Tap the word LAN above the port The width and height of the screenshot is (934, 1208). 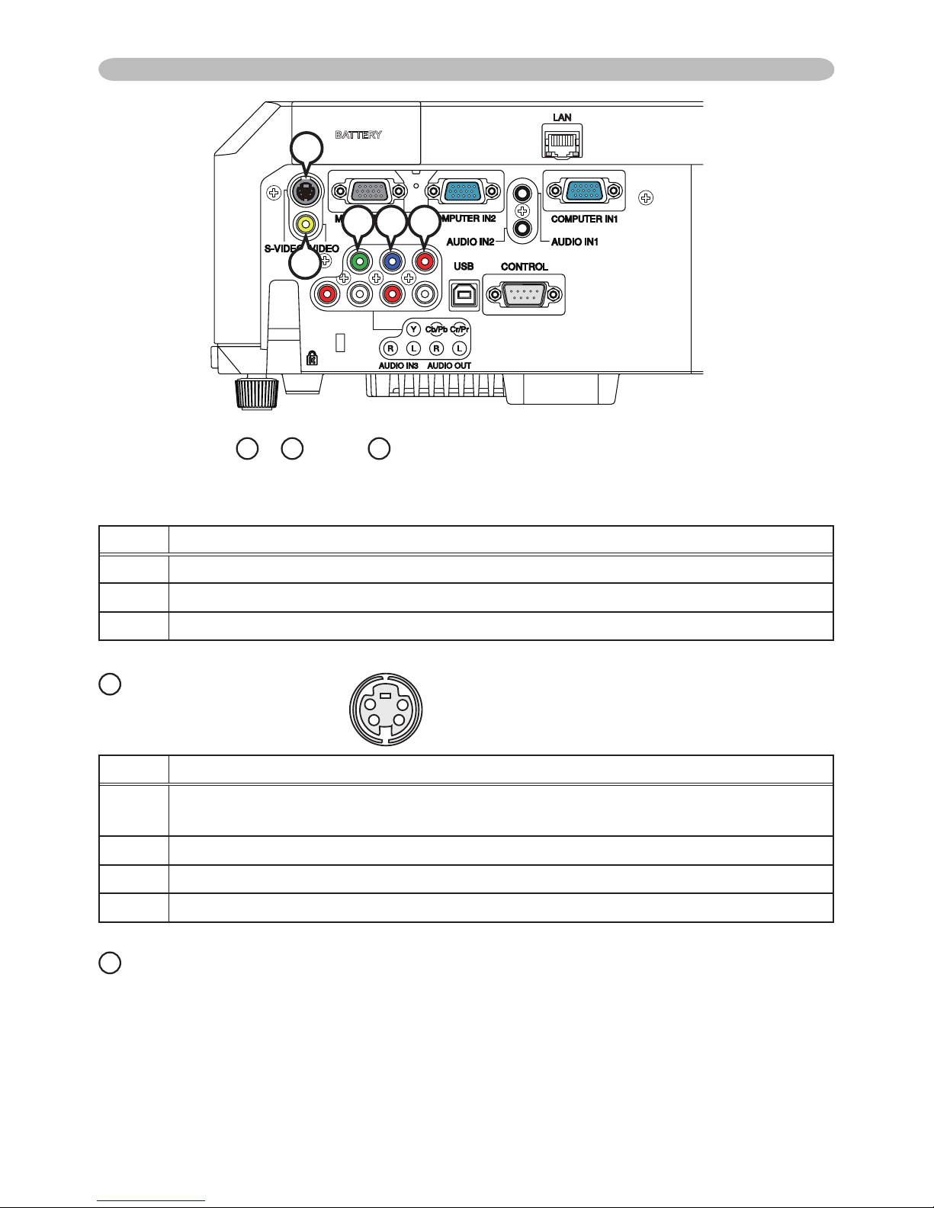click(x=562, y=117)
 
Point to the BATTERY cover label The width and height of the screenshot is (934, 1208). click(x=358, y=135)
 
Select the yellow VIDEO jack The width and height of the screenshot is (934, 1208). click(x=306, y=224)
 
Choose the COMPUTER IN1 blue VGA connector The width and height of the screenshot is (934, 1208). click(x=584, y=191)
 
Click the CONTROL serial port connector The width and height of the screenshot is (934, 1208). click(x=525, y=293)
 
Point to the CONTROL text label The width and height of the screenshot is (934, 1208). click(x=525, y=267)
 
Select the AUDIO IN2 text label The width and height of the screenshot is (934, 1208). click(x=470, y=242)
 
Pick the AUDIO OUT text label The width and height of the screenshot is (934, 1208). click(x=449, y=366)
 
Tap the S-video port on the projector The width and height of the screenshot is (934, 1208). click(x=305, y=192)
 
